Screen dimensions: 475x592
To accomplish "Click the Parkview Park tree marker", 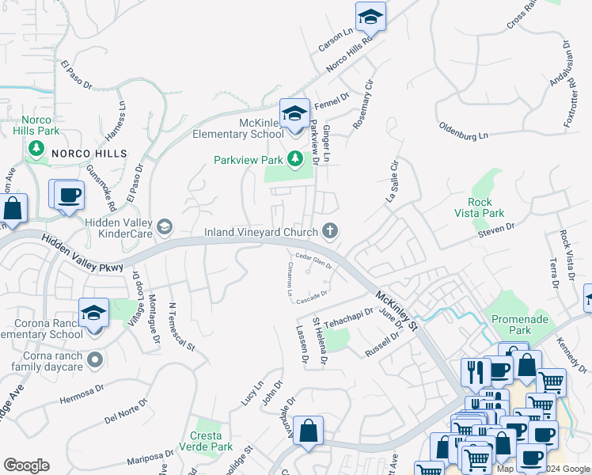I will (x=295, y=160).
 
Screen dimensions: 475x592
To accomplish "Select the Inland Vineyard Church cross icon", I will (x=330, y=232).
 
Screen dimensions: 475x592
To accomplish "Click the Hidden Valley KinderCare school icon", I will (x=164, y=228).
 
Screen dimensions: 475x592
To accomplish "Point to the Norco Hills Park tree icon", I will (x=35, y=148).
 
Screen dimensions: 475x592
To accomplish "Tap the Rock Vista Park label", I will (x=485, y=207).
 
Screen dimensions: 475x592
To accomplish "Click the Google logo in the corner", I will (x=26, y=465).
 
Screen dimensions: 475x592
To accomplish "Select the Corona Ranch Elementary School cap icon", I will (x=93, y=311).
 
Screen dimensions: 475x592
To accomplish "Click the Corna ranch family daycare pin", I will (x=95, y=360).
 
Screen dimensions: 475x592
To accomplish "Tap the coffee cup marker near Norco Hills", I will (x=69, y=193).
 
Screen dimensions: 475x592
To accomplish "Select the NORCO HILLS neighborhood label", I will (x=89, y=152).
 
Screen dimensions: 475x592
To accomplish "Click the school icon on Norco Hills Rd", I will (x=370, y=16).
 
